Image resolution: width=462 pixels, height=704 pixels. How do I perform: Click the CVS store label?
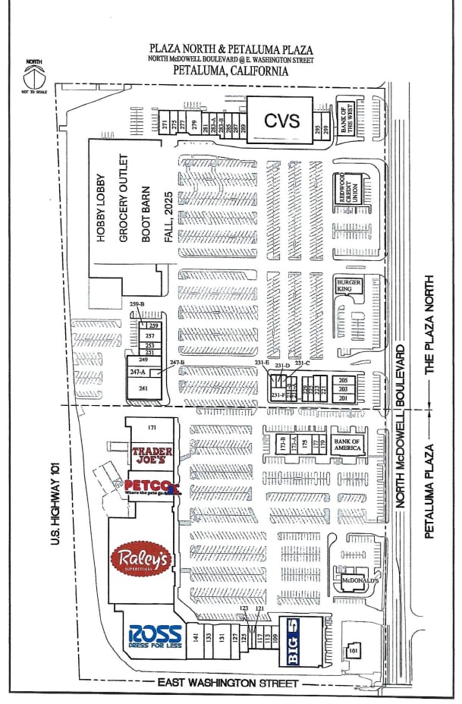click(282, 119)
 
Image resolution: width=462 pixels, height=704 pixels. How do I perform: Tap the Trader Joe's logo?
click(152, 454)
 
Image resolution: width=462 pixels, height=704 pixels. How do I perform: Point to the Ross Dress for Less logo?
click(156, 634)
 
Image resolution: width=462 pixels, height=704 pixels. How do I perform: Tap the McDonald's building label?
click(360, 580)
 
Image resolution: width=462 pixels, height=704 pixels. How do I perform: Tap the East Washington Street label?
click(227, 684)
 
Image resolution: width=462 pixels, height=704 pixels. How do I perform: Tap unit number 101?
click(353, 650)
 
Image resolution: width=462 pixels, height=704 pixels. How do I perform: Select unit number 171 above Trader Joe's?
click(152, 428)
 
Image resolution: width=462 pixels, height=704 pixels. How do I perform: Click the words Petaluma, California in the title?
click(231, 71)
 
